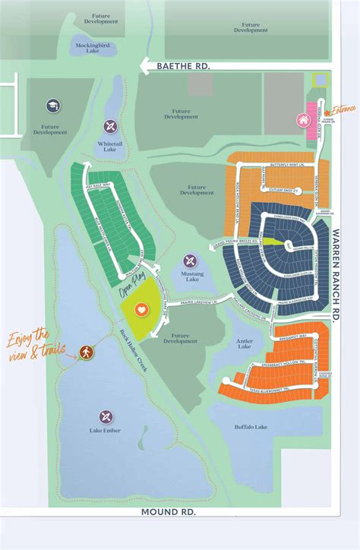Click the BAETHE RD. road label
183,67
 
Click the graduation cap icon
52,106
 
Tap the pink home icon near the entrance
302,120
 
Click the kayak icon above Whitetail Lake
110,126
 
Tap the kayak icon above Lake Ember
106,416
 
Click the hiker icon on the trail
84,352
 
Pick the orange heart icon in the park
119,310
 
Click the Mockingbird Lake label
93,48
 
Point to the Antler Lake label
244,343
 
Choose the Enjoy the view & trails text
32,343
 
